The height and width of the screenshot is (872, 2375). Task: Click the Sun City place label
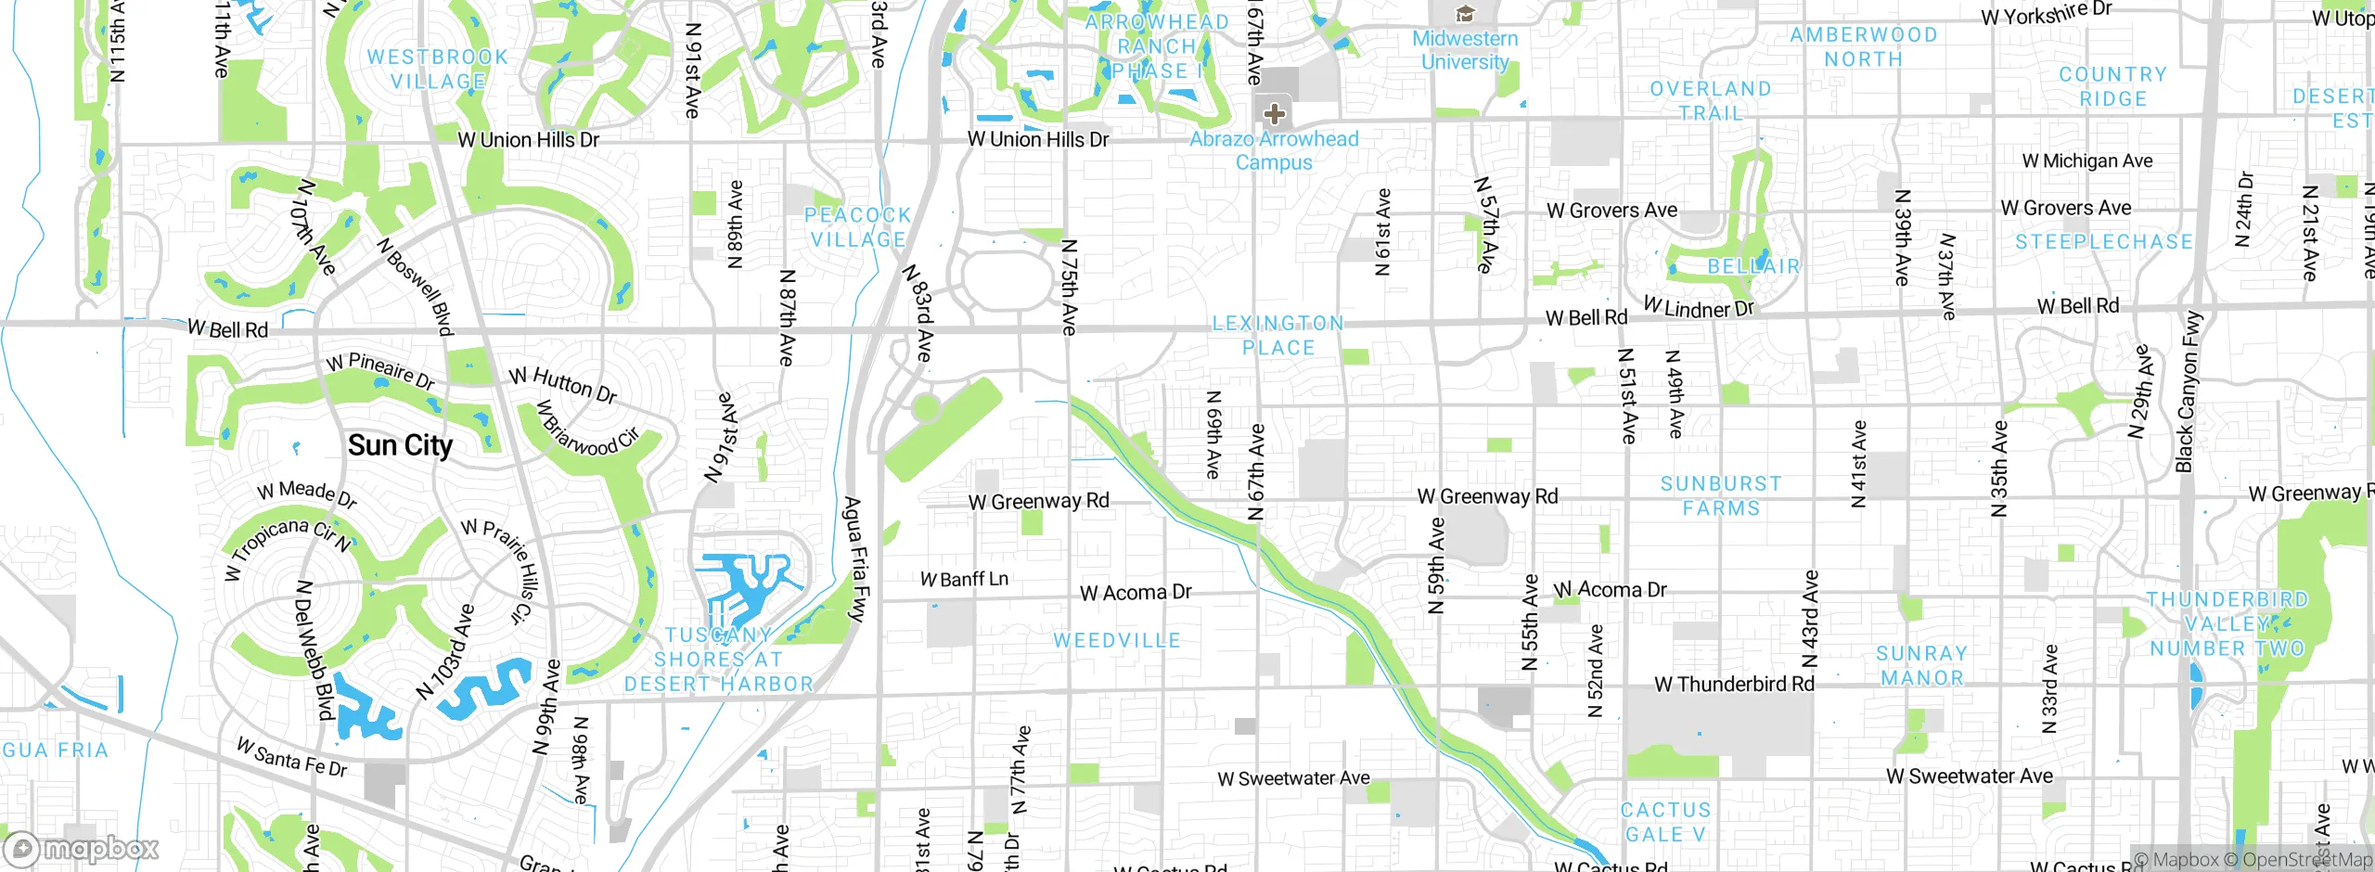[x=400, y=446]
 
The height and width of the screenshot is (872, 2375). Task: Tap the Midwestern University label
[x=1465, y=50]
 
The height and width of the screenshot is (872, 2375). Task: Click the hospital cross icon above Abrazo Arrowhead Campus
[x=1274, y=114]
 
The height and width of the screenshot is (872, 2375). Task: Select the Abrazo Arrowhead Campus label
[x=1274, y=150]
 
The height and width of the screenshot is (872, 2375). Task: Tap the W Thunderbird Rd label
[x=1734, y=685]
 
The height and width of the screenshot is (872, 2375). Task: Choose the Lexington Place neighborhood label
[x=1278, y=336]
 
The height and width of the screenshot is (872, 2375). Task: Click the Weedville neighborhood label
[x=1117, y=640]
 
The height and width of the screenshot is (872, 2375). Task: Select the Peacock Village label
[x=857, y=227]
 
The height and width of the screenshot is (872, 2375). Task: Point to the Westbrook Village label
[x=438, y=70]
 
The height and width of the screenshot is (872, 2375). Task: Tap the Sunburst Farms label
[x=1721, y=496]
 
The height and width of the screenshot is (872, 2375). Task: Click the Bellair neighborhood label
[x=1753, y=267]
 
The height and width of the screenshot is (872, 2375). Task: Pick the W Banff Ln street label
[x=964, y=580]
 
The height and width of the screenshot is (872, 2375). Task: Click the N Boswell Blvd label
[x=416, y=287]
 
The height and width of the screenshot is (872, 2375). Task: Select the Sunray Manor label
[x=1921, y=666]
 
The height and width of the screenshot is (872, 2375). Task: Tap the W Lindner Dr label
[x=1699, y=307]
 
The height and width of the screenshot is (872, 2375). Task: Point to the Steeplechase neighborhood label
[x=2103, y=242]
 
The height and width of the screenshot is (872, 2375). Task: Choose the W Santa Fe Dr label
[x=291, y=757]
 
